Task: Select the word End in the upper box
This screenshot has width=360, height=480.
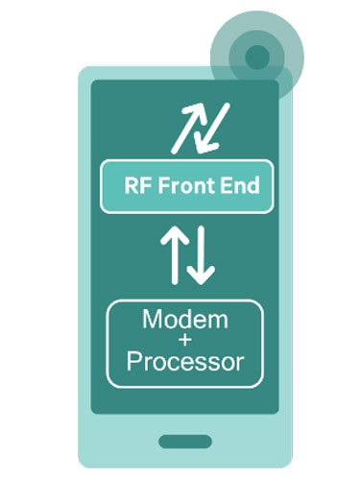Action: [x=240, y=186]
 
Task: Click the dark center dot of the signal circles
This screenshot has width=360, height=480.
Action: [x=256, y=57]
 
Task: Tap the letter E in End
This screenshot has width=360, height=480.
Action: [x=227, y=186]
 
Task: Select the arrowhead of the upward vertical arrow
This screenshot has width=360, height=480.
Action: [x=170, y=235]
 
